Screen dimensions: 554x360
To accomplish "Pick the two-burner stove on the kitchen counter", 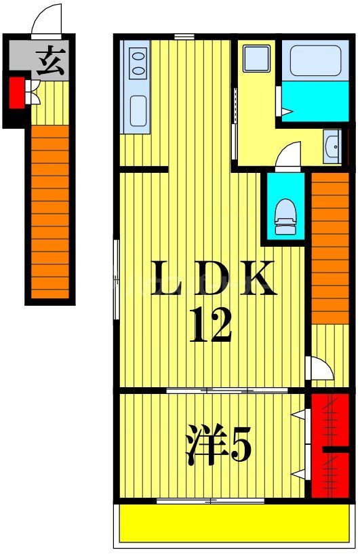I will point(138,62).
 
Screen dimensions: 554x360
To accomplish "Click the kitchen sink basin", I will point(138,111).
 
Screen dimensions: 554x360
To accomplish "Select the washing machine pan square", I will point(257,58).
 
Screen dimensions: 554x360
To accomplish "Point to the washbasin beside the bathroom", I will point(332,146).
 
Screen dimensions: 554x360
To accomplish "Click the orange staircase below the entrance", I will point(49,210).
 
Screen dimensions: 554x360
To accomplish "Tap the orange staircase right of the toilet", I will point(329,248).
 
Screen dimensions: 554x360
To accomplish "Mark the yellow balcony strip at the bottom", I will point(234,522).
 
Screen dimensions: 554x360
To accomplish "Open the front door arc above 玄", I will point(48,19).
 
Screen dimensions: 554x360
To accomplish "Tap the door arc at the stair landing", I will point(320,368).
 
